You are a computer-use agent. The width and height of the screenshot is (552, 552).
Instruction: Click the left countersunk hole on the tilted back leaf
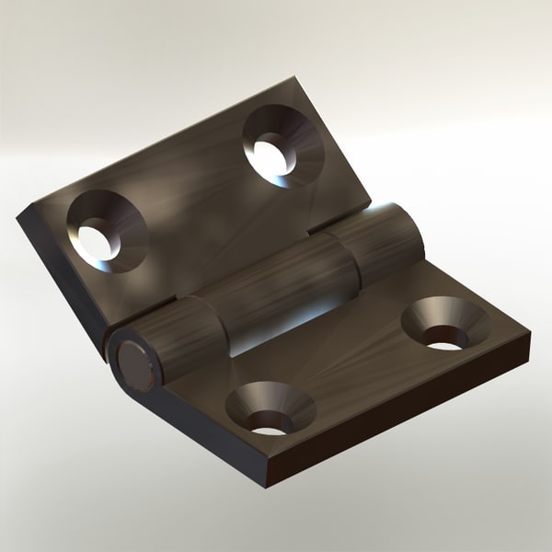pyautogui.click(x=104, y=232)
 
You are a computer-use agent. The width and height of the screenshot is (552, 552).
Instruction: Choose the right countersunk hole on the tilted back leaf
pyautogui.click(x=278, y=144)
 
